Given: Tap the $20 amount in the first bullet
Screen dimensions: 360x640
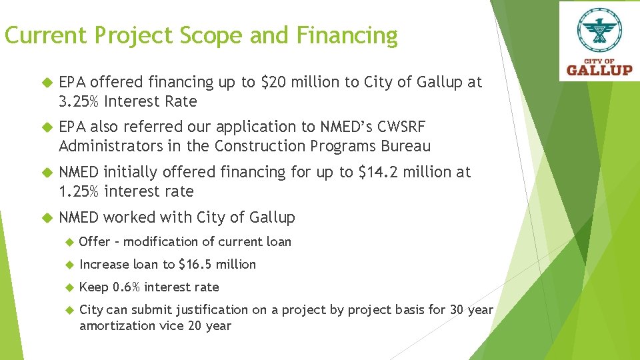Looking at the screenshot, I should (x=270, y=82).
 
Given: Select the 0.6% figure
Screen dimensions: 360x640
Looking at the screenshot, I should (x=126, y=287).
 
